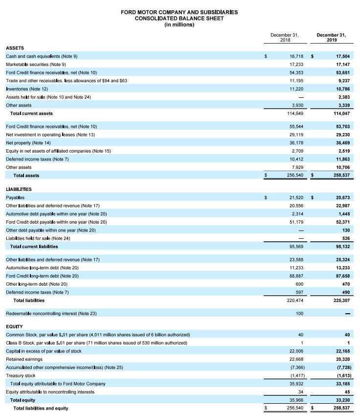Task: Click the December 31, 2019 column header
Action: [x=331, y=37]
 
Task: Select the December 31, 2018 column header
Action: [x=284, y=37]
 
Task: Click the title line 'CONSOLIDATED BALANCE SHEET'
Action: [x=180, y=18]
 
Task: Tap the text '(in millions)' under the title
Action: [x=180, y=25]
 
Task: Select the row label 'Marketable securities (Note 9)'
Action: [x=36, y=65]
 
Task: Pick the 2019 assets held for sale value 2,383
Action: [x=343, y=97]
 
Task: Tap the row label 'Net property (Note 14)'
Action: [x=28, y=143]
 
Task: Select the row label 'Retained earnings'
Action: [x=24, y=359]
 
